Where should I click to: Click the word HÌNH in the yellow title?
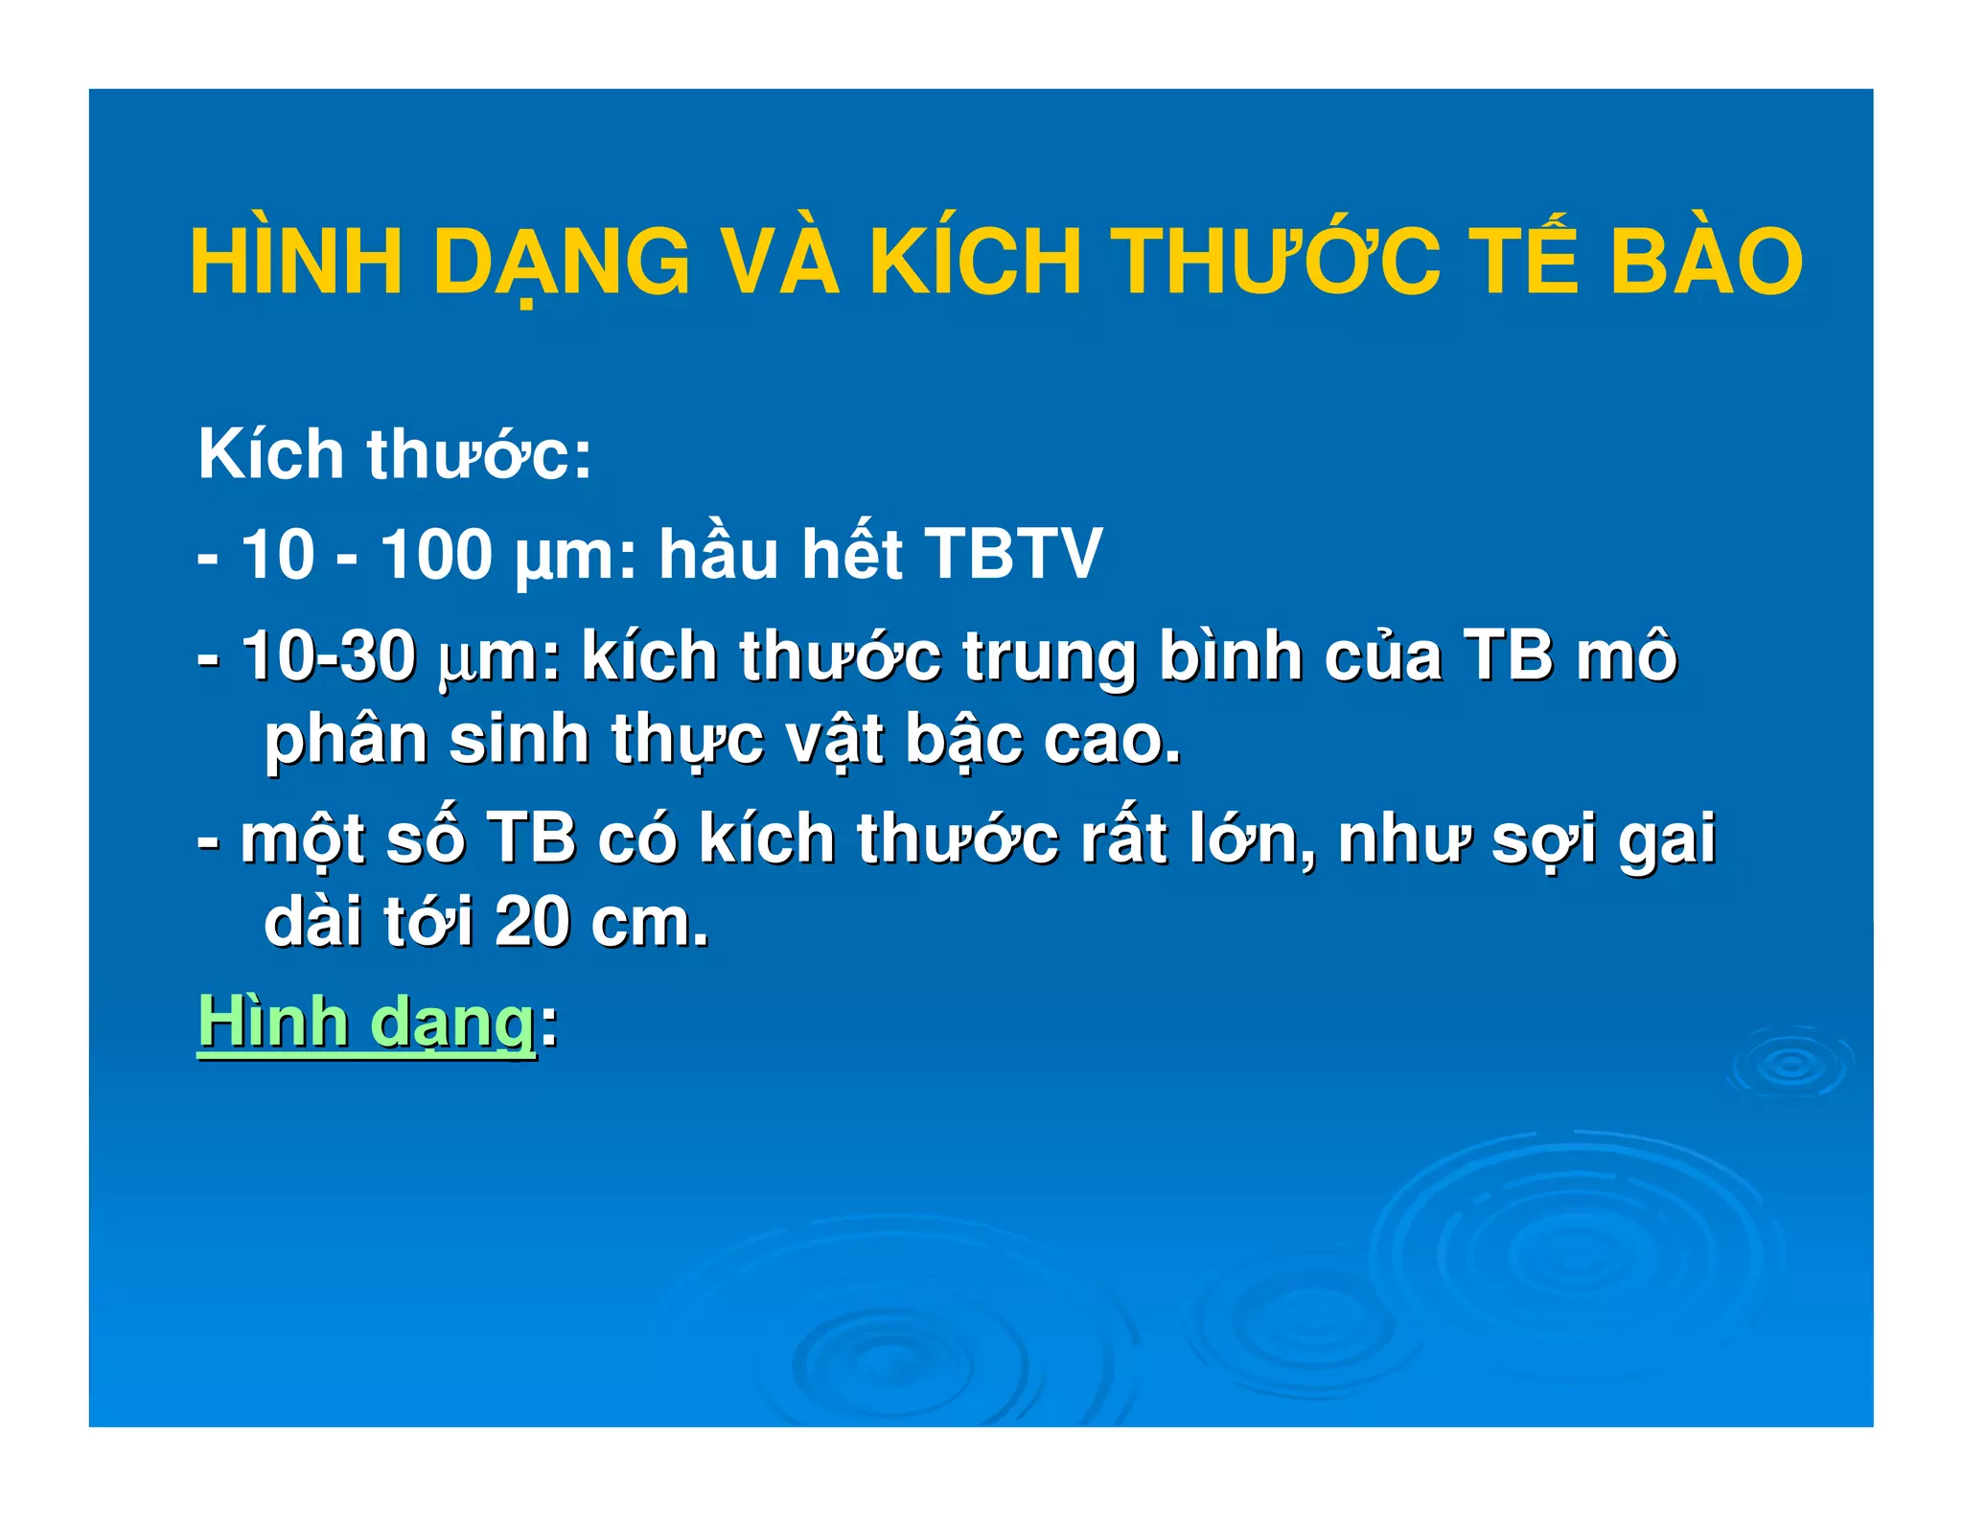coord(296,261)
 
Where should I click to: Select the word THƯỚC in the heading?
coord(1279,261)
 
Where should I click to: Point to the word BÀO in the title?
coord(1706,261)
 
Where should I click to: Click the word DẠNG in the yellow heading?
coord(562,261)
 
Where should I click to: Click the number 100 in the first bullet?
coord(436,554)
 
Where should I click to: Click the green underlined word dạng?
coord(451,1023)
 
